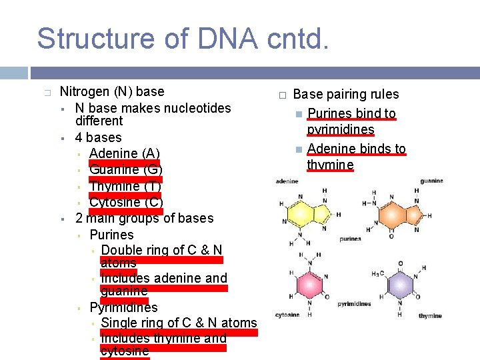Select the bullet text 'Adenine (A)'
124,154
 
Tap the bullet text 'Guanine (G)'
125,170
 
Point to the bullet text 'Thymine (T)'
125,186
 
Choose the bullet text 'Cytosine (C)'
126,202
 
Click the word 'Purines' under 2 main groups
111,235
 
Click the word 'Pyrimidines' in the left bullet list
123,307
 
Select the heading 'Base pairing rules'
345,95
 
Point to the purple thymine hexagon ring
400,285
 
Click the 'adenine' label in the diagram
287,181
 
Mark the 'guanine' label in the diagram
431,181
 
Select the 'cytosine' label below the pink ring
287,315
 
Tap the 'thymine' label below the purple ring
430,315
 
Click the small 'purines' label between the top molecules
350,239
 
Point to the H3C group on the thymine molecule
377,274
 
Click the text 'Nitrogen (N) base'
111,91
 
